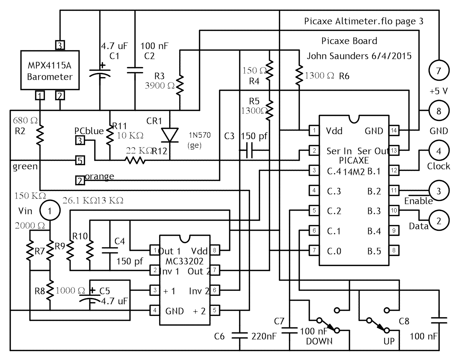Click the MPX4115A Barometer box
click(50, 70)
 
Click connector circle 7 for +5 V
click(438, 71)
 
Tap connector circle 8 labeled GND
click(438, 111)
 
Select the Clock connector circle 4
click(438, 151)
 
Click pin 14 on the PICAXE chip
click(394, 131)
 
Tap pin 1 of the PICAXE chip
click(314, 131)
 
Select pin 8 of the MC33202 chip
click(214, 250)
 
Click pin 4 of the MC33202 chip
click(155, 310)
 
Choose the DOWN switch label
click(319, 341)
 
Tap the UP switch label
click(389, 341)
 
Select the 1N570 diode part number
click(200, 135)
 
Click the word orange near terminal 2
click(99, 176)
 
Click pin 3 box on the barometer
click(60, 45)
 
